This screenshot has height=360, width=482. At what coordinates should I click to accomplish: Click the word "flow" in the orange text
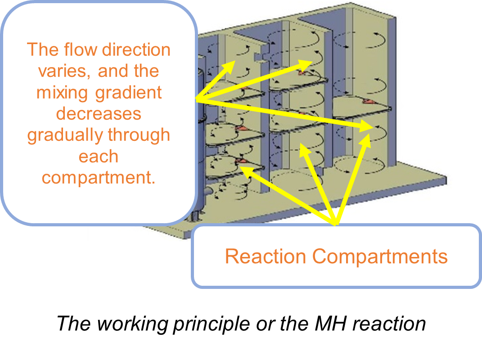click(81, 49)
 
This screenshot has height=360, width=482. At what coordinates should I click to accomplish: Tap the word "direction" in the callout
click(136, 49)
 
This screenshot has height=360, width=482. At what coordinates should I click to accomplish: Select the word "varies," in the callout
click(64, 71)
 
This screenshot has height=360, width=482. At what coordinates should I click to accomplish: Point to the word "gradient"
click(128, 93)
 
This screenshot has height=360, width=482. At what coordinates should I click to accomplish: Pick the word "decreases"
click(99, 114)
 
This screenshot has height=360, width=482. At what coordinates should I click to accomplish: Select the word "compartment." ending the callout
click(99, 178)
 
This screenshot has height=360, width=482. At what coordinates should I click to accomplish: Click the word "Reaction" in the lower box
click(266, 256)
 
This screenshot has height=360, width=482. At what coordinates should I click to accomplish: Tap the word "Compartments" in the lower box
click(380, 257)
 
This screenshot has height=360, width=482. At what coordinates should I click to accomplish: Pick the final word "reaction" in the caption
click(389, 324)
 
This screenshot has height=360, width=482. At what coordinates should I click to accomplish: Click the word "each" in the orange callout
click(99, 157)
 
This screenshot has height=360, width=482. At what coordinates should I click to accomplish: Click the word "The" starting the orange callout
click(43, 49)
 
